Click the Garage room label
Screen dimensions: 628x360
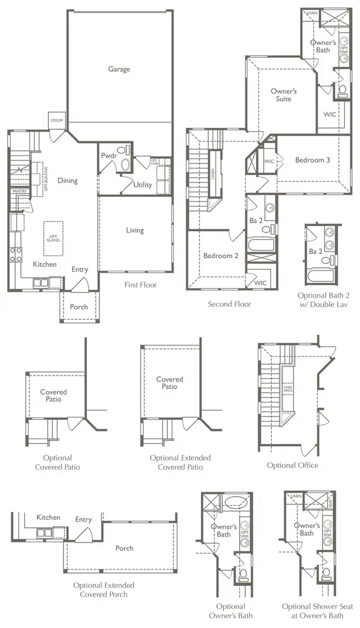point(119,69)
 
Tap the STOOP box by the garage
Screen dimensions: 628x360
point(57,121)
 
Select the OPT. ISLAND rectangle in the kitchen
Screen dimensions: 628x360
point(54,237)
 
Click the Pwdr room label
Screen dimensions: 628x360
point(108,155)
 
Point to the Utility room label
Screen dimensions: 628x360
point(142,185)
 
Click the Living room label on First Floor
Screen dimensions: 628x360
point(134,230)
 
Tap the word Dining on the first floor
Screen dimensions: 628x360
point(67,181)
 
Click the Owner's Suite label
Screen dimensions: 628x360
point(283,95)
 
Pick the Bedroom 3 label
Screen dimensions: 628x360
point(312,160)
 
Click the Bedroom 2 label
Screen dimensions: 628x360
point(220,255)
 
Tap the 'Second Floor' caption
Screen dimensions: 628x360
point(229,304)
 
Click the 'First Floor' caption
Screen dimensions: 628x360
point(141,285)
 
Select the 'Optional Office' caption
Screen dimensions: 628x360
point(292,465)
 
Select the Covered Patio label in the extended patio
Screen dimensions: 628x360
point(169,383)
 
